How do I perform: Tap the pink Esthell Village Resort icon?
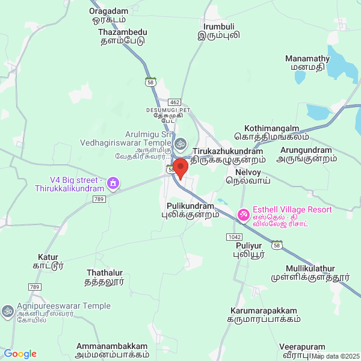click(x=243, y=214)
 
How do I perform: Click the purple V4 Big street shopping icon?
click(x=113, y=182)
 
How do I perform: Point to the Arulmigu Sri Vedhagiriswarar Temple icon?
click(x=180, y=144)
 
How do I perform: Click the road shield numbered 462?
click(x=174, y=103)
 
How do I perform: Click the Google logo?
click(x=20, y=354)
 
